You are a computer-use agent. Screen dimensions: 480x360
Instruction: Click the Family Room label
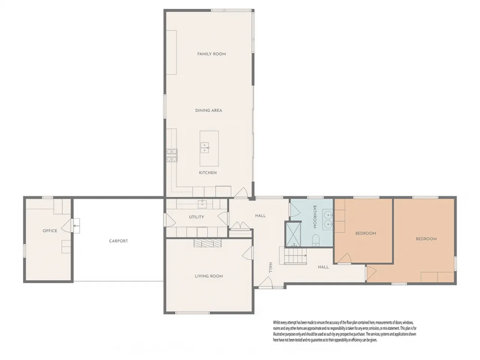pyautogui.click(x=211, y=54)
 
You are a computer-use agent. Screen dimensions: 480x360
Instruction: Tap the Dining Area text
pyautogui.click(x=208, y=111)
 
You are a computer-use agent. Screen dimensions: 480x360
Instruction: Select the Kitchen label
pyautogui.click(x=208, y=173)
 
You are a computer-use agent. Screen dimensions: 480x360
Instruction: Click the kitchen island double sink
pyautogui.click(x=204, y=148)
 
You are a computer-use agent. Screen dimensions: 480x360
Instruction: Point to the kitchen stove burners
pyautogui.click(x=172, y=155)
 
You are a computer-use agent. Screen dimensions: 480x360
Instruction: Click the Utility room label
pyautogui.click(x=196, y=217)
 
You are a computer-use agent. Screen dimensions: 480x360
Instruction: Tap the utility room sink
pyautogui.click(x=202, y=204)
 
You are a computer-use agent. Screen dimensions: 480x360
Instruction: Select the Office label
pyautogui.click(x=50, y=231)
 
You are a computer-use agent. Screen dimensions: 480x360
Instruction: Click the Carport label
pyautogui.click(x=118, y=241)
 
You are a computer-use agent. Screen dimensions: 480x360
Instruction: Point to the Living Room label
pyautogui.click(x=209, y=276)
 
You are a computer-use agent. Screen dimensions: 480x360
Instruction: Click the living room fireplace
pyautogui.click(x=207, y=243)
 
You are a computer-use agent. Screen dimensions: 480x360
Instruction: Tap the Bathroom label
pyautogui.click(x=315, y=217)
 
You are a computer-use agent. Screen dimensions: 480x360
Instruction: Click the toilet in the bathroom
pyautogui.click(x=315, y=240)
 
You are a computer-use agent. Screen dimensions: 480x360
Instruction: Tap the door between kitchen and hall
pyautogui.click(x=241, y=193)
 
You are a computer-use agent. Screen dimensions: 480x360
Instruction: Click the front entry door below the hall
pyautogui.click(x=265, y=282)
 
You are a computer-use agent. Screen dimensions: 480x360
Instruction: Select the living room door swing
pyautogui.click(x=247, y=253)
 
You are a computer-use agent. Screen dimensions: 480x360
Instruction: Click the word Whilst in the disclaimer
pyautogui.click(x=277, y=322)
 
